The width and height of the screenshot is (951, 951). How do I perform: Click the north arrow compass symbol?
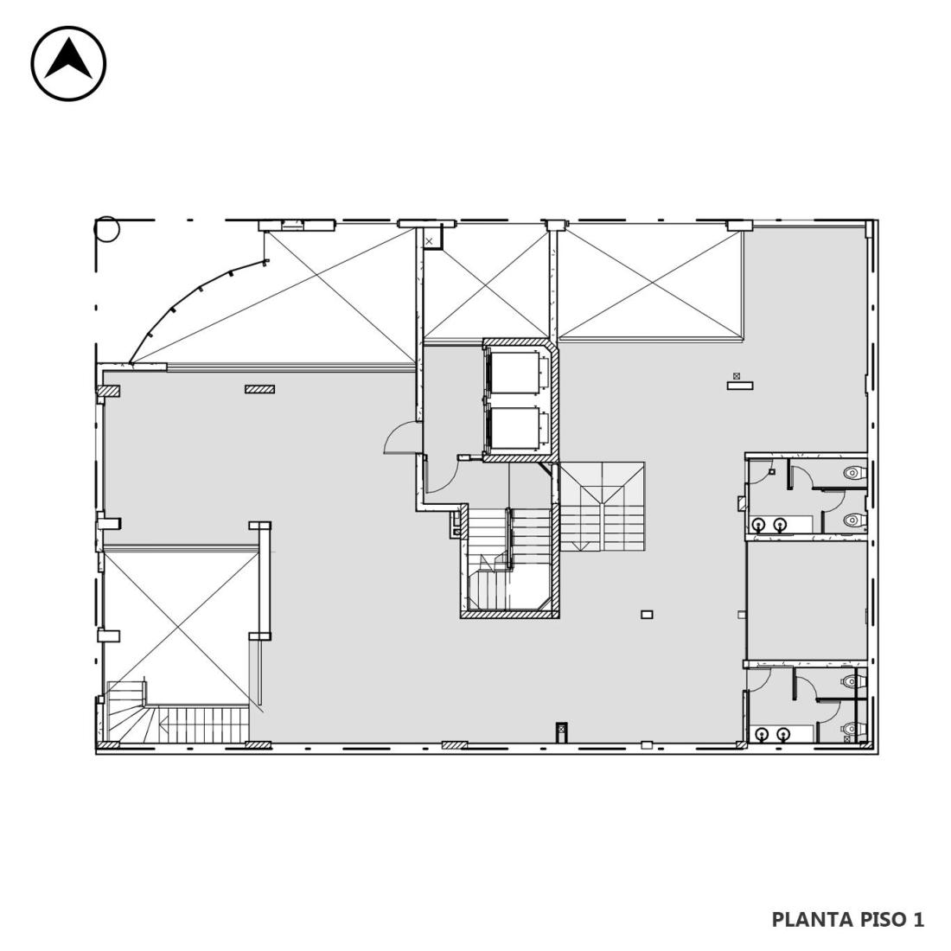[x=68, y=63]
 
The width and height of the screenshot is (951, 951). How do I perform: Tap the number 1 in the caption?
[x=917, y=919]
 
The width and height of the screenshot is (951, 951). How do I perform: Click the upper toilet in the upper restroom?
[x=854, y=472]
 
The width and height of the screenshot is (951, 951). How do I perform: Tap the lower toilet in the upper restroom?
[x=854, y=520]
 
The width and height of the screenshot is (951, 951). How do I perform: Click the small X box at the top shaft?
[x=430, y=241]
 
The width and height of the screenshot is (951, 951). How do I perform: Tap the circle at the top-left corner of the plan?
[x=107, y=228]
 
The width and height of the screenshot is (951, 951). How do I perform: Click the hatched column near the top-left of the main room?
[x=259, y=389]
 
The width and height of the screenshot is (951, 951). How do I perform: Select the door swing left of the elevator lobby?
[x=400, y=437]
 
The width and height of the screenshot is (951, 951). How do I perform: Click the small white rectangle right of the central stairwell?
[x=648, y=615]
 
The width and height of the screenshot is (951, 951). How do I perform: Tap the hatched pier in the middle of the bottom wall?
[x=454, y=744]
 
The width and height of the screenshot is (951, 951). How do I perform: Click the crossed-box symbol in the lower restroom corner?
[x=846, y=739]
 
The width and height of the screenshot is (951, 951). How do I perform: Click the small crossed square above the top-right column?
[x=737, y=376]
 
